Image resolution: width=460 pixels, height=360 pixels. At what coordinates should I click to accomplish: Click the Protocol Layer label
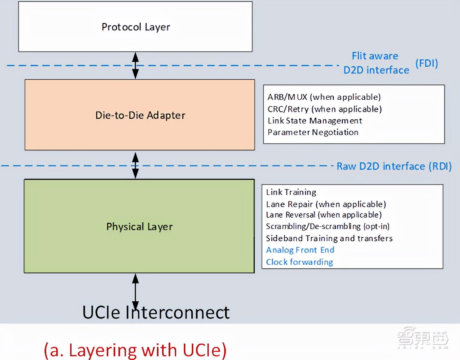(136, 27)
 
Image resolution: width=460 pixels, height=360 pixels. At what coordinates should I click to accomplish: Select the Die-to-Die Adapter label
(140, 115)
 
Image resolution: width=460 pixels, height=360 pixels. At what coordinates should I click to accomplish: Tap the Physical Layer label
(139, 226)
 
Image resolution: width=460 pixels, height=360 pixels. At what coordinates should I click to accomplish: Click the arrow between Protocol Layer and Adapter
(135, 65)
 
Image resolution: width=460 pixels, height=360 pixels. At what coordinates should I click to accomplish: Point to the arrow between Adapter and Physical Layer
(135, 165)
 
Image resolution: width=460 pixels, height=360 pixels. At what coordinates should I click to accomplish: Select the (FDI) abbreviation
(426, 63)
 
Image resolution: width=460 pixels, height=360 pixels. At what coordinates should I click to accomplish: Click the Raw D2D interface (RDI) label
(394, 166)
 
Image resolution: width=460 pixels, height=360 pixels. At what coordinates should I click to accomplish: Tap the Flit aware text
(375, 56)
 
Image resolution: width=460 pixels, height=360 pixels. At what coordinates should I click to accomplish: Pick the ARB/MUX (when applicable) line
(324, 97)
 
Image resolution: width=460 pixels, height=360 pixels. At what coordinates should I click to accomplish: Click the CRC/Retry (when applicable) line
(325, 109)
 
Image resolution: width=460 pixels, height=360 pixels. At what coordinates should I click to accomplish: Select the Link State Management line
(314, 121)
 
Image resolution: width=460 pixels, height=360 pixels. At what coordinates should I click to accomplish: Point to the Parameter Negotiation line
(313, 132)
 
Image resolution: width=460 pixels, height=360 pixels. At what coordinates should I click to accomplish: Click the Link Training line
(291, 192)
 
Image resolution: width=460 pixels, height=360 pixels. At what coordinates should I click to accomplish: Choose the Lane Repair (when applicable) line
(326, 204)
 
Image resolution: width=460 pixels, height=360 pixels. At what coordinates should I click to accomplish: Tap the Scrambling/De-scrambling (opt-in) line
(327, 226)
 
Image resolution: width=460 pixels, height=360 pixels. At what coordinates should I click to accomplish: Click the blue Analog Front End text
(300, 250)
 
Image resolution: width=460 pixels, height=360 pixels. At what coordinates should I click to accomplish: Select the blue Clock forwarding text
(299, 262)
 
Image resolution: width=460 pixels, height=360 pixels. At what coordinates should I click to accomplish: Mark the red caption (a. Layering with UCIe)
(135, 350)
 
